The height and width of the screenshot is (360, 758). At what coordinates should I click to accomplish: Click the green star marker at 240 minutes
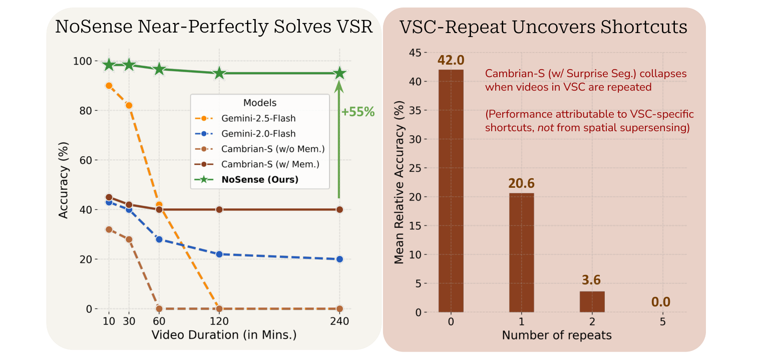pyautogui.click(x=340, y=73)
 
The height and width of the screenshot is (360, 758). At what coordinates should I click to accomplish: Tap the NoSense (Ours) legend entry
pyautogui.click(x=259, y=179)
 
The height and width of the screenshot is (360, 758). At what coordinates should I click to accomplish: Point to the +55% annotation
pyautogui.click(x=357, y=112)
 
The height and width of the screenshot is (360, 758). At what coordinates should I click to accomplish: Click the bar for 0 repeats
pyautogui.click(x=451, y=191)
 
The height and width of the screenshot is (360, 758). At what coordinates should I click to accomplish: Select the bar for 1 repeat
pyautogui.click(x=522, y=252)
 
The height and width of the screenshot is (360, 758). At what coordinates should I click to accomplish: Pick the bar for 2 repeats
pyautogui.click(x=592, y=301)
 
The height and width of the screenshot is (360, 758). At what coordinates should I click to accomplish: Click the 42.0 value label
pyautogui.click(x=451, y=60)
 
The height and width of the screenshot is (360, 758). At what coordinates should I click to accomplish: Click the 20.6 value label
pyautogui.click(x=522, y=183)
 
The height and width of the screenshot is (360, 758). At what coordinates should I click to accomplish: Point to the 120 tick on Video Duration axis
pyautogui.click(x=219, y=321)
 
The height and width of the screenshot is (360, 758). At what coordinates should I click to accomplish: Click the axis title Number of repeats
pyautogui.click(x=557, y=335)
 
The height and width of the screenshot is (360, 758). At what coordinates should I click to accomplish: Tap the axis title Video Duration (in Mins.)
pyautogui.click(x=224, y=335)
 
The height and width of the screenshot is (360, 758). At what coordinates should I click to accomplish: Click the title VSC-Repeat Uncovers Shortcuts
pyautogui.click(x=543, y=27)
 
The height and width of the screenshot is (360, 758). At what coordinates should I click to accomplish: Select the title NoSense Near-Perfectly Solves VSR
pyautogui.click(x=214, y=27)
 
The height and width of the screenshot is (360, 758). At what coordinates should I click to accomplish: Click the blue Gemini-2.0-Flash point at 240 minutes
pyautogui.click(x=340, y=259)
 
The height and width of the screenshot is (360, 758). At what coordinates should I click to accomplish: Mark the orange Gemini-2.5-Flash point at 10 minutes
pyautogui.click(x=109, y=86)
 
